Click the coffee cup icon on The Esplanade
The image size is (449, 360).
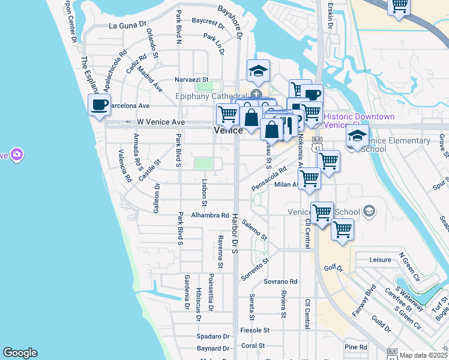tap(100, 106)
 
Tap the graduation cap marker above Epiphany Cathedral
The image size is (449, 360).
tap(259, 71)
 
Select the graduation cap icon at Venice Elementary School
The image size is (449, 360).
tap(357, 136)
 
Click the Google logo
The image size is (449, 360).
tap(20, 353)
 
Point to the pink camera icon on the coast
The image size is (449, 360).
tap(16, 155)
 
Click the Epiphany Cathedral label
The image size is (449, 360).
tap(210, 96)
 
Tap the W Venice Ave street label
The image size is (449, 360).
tap(160, 122)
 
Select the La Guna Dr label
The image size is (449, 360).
tap(127, 26)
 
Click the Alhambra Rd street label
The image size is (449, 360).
tap(210, 215)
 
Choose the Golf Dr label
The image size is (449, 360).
tap(333, 268)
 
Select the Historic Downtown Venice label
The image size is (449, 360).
tap(359, 120)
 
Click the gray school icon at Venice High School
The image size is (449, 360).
tap(369, 211)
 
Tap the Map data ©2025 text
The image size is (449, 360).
tap(423, 355)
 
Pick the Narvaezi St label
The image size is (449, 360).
tap(190, 79)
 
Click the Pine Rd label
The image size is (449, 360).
tap(355, 347)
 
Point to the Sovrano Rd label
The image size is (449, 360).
tap(281, 281)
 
